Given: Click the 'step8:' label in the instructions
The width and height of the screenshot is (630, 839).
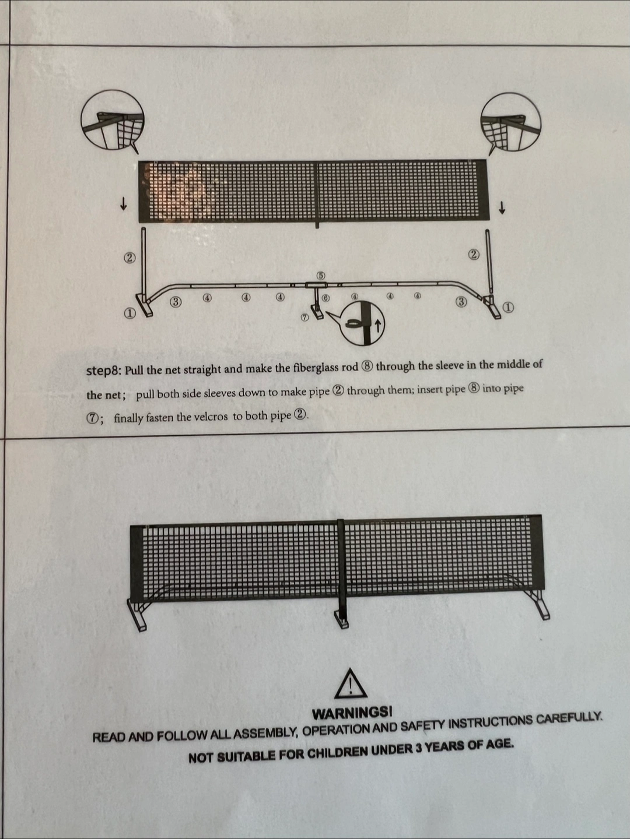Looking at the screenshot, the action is click(x=104, y=371).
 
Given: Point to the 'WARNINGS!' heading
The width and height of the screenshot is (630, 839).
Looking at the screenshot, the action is click(x=352, y=713).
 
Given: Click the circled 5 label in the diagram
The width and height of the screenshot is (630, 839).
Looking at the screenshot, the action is click(x=321, y=276).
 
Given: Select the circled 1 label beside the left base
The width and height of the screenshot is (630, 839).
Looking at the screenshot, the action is click(x=129, y=313).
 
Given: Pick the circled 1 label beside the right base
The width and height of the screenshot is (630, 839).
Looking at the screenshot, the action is click(x=508, y=307).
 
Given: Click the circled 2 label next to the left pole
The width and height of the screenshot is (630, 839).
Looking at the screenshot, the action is click(x=129, y=258).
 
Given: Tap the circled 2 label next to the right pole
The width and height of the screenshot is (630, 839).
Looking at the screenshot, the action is click(x=474, y=255).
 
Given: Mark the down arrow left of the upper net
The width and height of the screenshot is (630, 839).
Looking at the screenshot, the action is click(x=123, y=204).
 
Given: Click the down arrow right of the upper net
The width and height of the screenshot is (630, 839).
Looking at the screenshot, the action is click(x=502, y=208).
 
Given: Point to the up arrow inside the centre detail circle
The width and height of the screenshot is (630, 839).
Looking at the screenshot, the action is click(x=378, y=326).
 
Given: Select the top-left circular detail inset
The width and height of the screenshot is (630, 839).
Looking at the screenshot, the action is click(x=113, y=119).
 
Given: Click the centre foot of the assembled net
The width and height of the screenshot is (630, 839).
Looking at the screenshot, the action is click(x=341, y=619).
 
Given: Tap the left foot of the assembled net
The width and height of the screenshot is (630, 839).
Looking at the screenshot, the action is click(x=137, y=615).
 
